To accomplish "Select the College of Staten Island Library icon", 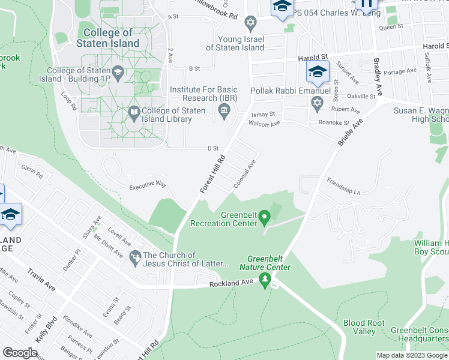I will pos(134,113).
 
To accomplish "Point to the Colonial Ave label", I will pos(246,175).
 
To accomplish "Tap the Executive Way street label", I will pos(148,186).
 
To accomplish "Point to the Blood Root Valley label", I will pos(364,327).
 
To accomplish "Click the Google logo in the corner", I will pos(20,353).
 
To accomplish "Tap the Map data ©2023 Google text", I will pos(412,355).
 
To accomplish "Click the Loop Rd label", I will pos(70,101).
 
